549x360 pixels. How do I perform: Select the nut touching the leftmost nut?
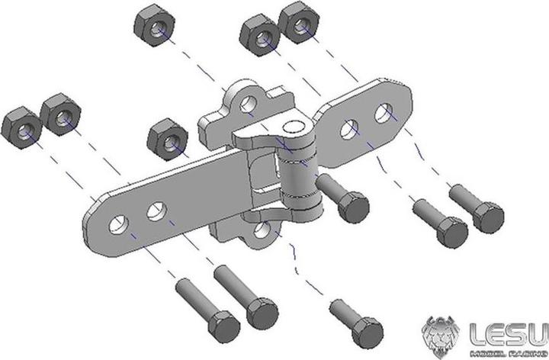[x=61, y=114]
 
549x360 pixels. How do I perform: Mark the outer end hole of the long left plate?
[x=118, y=225]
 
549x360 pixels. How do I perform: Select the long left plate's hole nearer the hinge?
[x=158, y=209]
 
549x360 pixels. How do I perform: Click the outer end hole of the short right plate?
[x=384, y=114]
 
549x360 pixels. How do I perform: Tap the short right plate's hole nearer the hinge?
[x=350, y=129]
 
